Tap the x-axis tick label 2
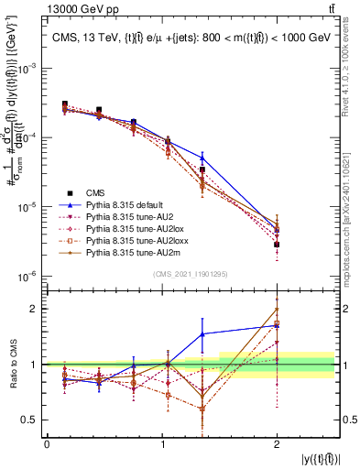pos(277,444)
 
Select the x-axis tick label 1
pos(162,444)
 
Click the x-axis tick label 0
pos(47,444)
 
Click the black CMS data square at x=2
pos(277,245)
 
